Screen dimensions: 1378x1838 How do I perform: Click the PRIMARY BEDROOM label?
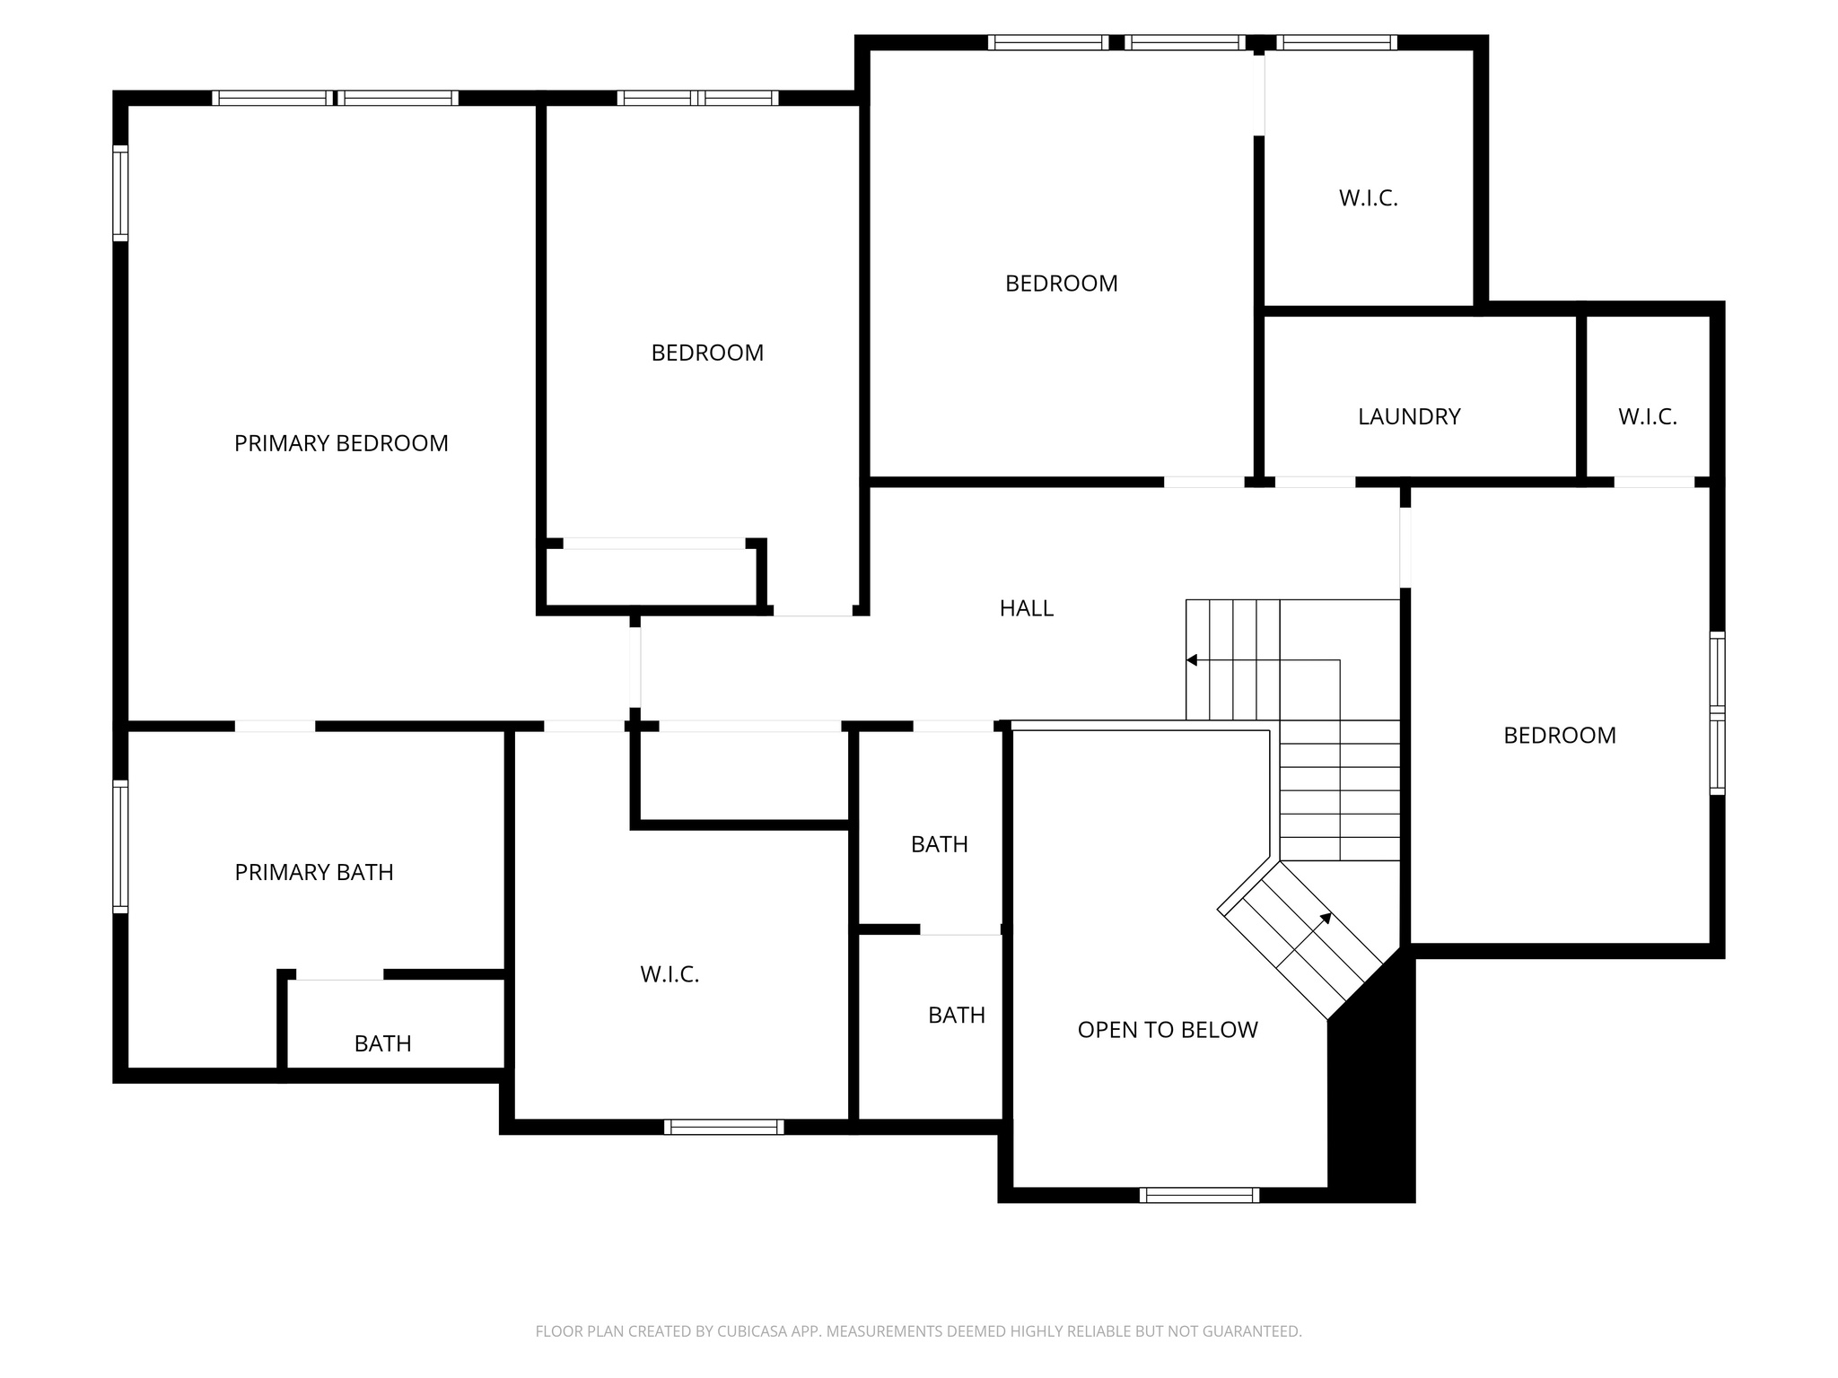pos(341,443)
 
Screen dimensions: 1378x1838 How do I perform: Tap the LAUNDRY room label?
pos(1409,416)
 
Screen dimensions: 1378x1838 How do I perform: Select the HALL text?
pos(1026,608)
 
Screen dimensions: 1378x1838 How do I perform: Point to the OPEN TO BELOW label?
pos(1167,1030)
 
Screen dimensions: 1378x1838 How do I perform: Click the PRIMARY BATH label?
pos(314,872)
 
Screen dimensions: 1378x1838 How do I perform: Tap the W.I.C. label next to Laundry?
pos(1647,416)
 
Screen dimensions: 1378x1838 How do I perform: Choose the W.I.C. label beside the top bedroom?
pos(1368,198)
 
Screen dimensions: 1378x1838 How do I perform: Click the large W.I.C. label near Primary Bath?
pos(670,974)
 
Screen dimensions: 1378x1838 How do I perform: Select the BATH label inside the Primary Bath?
pos(382,1043)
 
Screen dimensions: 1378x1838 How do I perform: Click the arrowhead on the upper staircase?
pos(1192,660)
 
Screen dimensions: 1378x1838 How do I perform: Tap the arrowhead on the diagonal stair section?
pos(1326,918)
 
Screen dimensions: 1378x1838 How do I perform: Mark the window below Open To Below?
pos(1199,1195)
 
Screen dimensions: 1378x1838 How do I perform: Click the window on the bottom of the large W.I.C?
pos(723,1127)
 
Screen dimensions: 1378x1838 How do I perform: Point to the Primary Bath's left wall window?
pos(120,847)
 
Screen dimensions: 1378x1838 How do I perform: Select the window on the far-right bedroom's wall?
pos(1717,713)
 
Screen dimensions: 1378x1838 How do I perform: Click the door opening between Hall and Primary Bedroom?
pos(635,667)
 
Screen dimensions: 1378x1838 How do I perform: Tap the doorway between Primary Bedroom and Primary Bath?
pos(275,726)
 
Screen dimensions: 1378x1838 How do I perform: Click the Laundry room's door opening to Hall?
pos(1315,482)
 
